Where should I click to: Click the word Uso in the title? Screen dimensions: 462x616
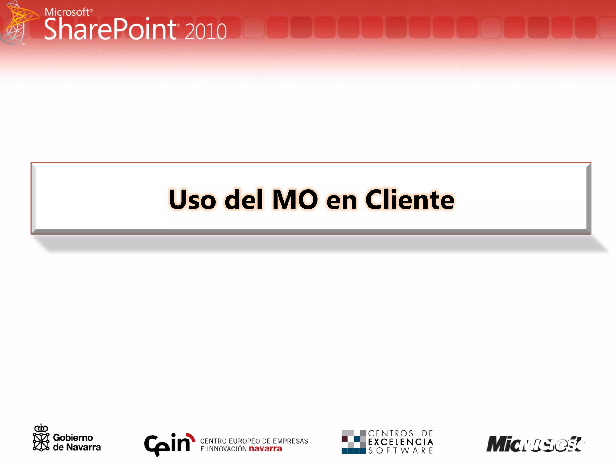point(192,200)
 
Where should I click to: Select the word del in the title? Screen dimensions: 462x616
point(244,200)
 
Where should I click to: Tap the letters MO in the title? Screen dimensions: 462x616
point(295,200)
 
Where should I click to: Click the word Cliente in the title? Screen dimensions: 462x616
point(410,200)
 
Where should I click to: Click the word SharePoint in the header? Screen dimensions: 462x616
point(110,29)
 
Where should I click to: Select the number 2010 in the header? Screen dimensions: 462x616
point(205,31)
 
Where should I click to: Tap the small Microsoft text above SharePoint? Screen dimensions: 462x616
point(67,12)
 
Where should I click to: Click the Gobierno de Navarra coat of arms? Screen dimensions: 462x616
point(41,438)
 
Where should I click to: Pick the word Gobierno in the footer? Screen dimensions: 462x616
point(73,437)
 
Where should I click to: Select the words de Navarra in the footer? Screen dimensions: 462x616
point(77,447)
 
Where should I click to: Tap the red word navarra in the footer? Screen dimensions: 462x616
point(266,449)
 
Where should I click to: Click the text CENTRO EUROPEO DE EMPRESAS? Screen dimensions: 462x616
point(254,441)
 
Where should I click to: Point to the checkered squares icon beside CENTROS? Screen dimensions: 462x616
point(353,442)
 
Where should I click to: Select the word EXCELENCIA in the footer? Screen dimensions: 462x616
point(400,442)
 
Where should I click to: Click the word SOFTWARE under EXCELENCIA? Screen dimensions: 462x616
point(400,451)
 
